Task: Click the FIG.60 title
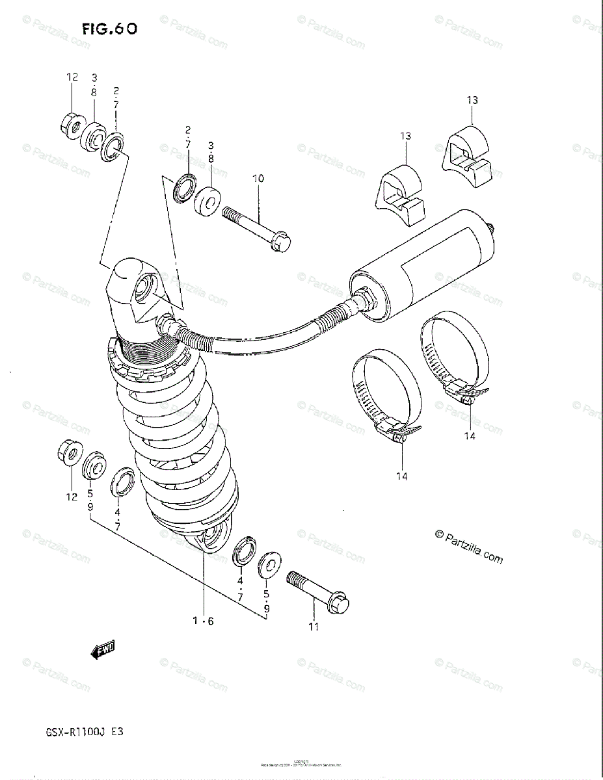109,29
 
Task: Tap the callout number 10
258,178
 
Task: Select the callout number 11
314,627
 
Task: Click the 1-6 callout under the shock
203,621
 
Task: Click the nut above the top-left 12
72,122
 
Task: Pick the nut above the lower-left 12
68,449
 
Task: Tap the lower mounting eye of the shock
211,536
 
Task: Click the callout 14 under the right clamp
470,436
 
